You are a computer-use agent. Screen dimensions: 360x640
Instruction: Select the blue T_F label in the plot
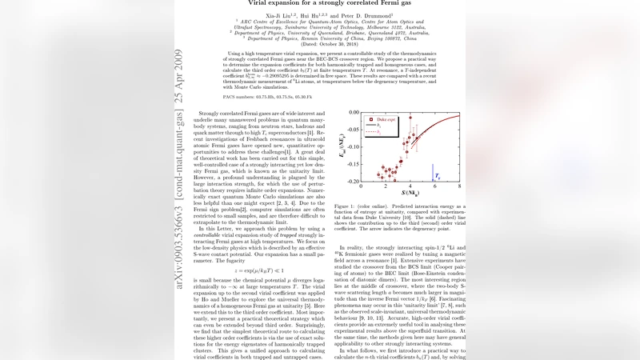tap(437, 174)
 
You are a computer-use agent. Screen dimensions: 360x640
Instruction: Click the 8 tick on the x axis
tap(461, 186)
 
